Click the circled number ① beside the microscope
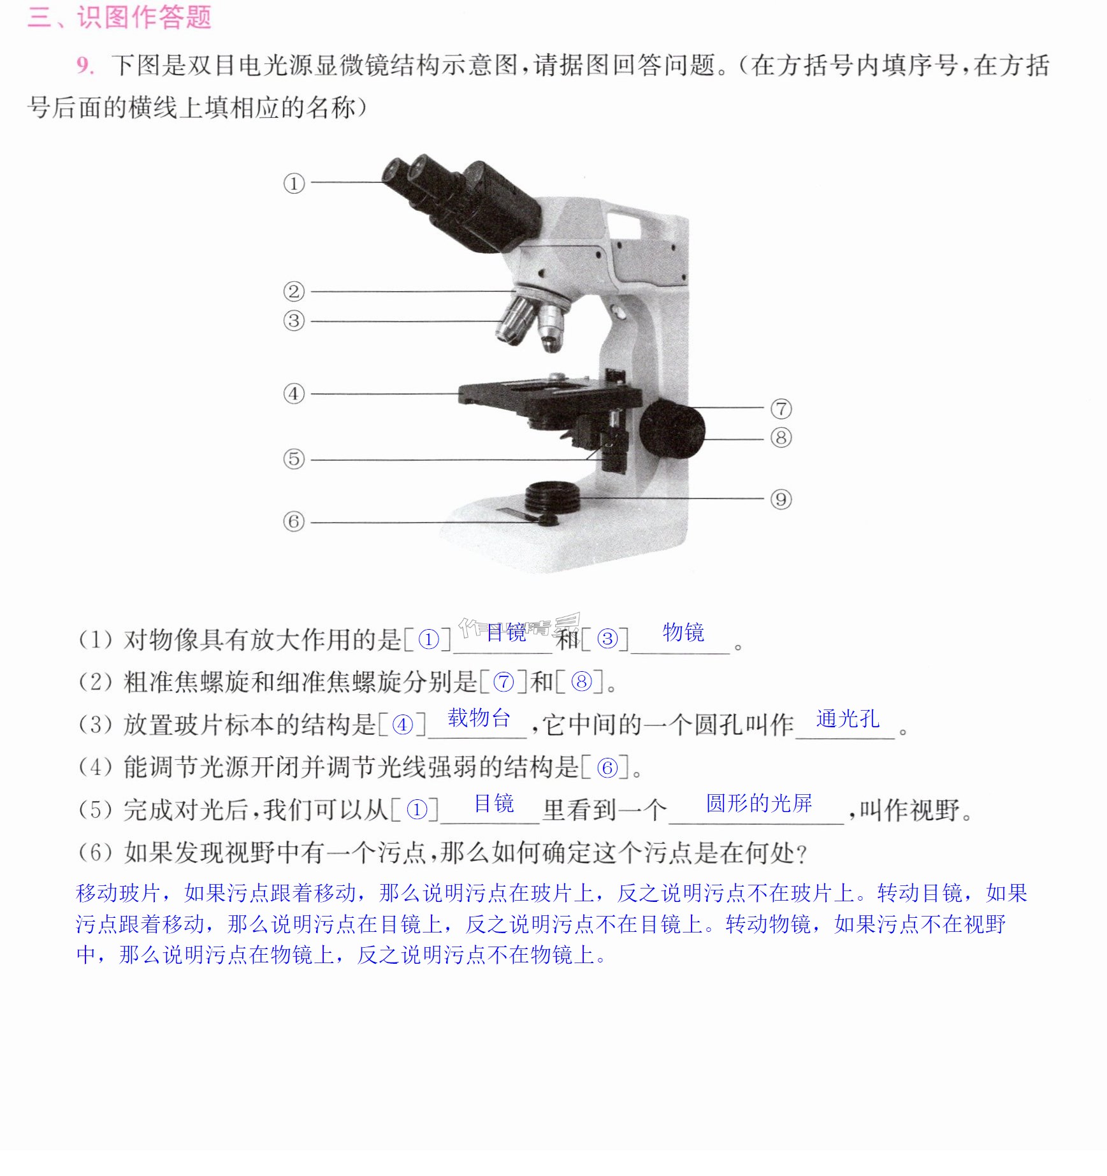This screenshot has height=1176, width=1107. (x=294, y=184)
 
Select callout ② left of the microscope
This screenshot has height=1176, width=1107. (x=294, y=291)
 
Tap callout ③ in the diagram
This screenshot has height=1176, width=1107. (x=294, y=321)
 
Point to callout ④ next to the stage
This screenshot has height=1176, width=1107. (x=294, y=393)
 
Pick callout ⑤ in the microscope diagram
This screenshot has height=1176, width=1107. (x=294, y=459)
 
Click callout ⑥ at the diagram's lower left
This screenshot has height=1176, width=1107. (x=294, y=521)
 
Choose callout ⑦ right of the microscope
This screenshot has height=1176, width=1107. (x=781, y=409)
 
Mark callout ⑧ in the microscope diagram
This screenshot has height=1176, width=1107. (x=781, y=438)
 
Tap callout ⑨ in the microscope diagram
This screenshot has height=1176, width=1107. (x=781, y=499)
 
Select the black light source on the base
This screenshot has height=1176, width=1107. (x=553, y=498)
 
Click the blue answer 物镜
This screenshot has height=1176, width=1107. (x=683, y=632)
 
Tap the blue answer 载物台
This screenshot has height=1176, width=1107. (x=479, y=718)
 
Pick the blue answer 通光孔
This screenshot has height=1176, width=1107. (x=848, y=719)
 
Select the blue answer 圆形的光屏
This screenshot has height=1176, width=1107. (x=758, y=803)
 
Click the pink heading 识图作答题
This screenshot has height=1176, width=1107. (x=144, y=17)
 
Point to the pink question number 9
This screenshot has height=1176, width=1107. (x=85, y=66)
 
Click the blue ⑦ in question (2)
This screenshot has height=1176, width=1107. (x=503, y=682)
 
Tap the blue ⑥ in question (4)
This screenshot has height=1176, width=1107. (x=607, y=767)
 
